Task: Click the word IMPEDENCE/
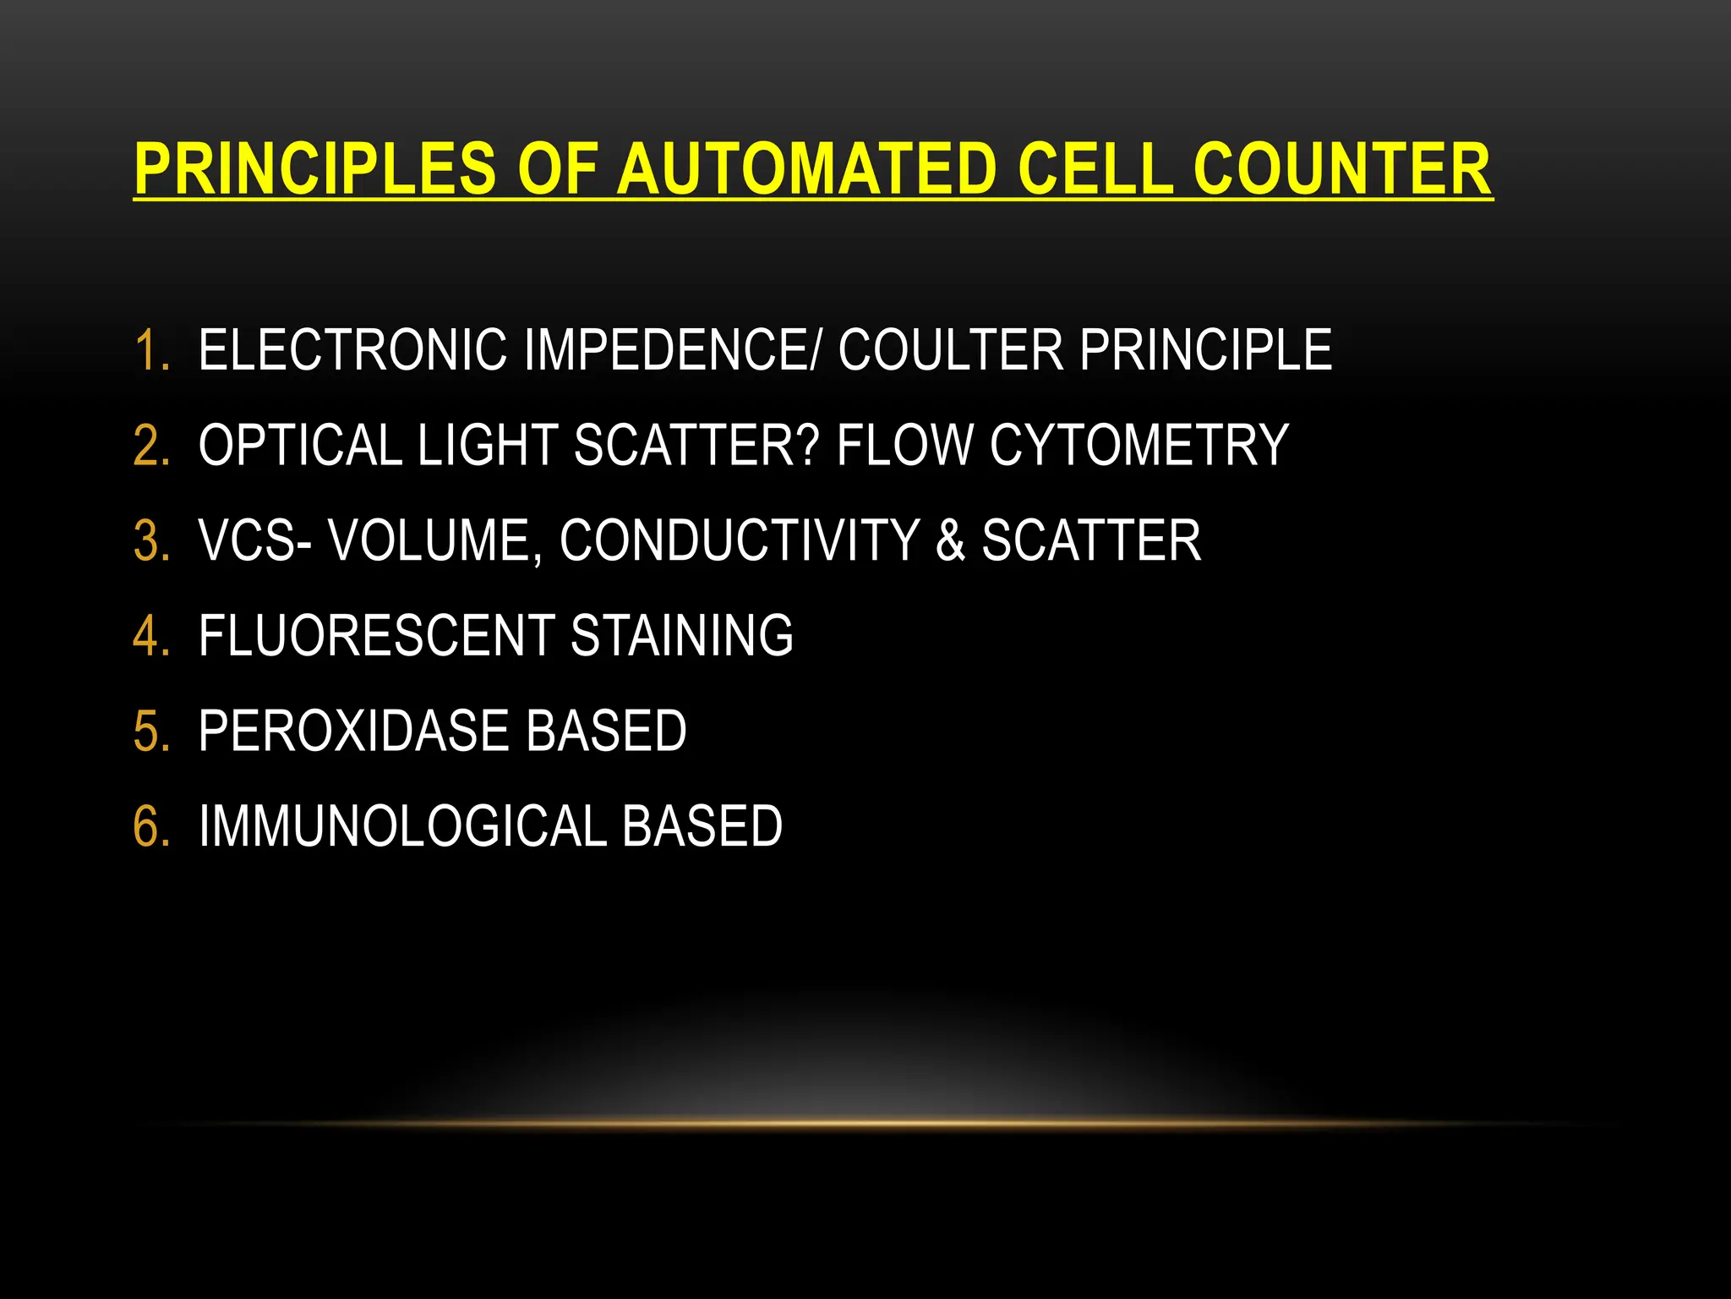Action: point(672,350)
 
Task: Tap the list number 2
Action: point(150,446)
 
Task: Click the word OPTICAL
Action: point(300,446)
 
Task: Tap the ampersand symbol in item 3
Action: point(951,541)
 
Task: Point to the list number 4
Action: point(150,636)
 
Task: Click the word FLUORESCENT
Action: point(376,636)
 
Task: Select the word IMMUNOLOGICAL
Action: point(402,826)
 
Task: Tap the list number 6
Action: point(150,826)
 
